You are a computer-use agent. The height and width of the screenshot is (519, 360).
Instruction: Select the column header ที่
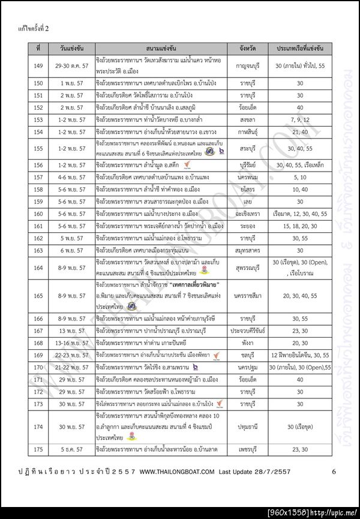tap(38, 47)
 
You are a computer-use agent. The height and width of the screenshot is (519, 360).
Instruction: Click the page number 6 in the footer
tap(333, 472)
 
